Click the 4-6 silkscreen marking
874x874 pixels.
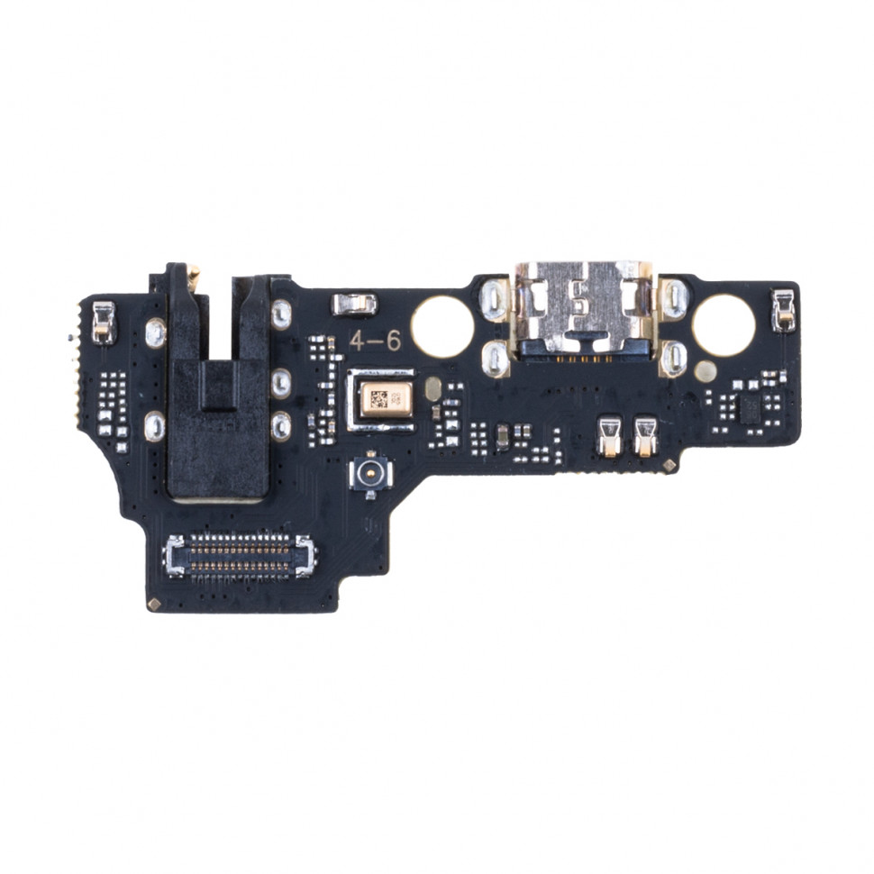pos(375,341)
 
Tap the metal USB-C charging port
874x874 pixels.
pos(583,312)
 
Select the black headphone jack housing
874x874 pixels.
pos(218,385)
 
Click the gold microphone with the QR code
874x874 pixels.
pos(386,399)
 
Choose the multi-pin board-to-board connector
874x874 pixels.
pos(241,555)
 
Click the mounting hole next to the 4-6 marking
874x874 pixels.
pos(442,326)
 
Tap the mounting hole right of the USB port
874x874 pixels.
pos(724,325)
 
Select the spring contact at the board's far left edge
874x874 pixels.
pos(104,322)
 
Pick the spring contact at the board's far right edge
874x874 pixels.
pos(783,311)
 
